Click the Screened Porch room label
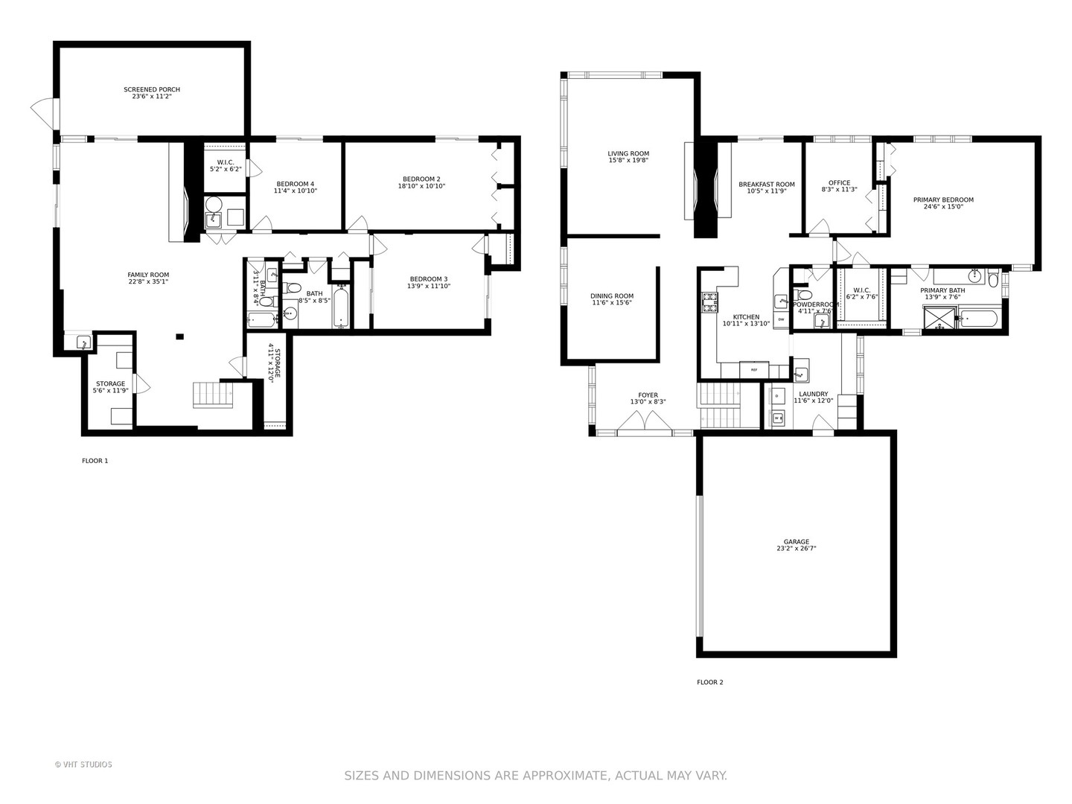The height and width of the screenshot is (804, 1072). (x=152, y=89)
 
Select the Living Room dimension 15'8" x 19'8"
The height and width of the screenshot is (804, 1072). (x=628, y=160)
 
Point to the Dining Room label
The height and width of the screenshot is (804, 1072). (x=612, y=296)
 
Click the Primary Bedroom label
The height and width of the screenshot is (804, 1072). (x=943, y=200)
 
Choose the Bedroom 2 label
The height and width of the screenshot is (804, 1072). (x=421, y=179)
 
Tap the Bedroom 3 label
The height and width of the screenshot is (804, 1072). (x=428, y=279)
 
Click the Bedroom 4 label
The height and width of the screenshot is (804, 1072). (x=295, y=184)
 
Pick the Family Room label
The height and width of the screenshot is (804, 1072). (x=148, y=275)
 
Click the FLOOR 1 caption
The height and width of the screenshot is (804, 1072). (x=95, y=461)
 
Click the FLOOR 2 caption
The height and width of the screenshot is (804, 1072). (x=709, y=682)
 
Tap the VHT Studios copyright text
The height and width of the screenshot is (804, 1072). (x=83, y=765)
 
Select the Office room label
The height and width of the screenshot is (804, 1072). (x=839, y=183)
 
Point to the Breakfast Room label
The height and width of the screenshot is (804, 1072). (x=766, y=185)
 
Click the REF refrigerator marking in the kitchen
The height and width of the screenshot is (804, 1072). (x=753, y=370)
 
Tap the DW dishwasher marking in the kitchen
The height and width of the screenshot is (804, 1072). (x=781, y=319)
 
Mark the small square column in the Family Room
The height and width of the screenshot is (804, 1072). (x=179, y=336)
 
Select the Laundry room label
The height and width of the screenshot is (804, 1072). (x=813, y=395)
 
